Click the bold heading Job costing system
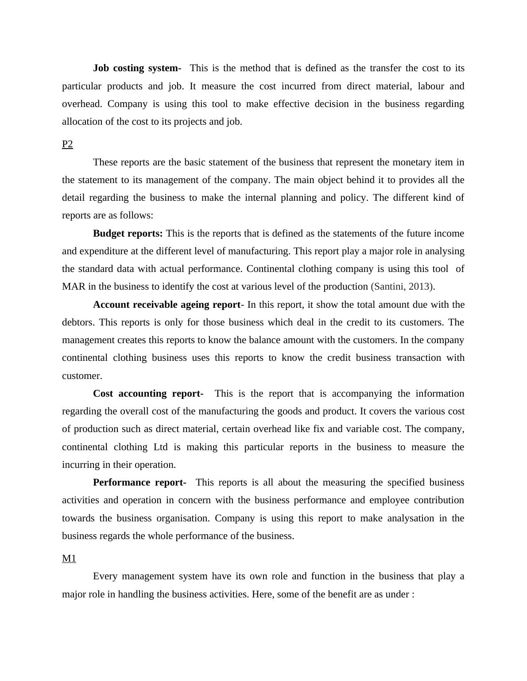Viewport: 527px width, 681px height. coord(137,68)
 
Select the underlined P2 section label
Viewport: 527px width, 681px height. coord(67,144)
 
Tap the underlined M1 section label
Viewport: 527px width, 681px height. coord(69,559)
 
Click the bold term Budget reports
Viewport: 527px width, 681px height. coord(128,233)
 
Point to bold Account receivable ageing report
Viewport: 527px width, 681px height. coord(167,305)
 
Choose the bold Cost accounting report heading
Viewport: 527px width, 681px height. coord(148,394)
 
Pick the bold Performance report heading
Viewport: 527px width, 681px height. coord(139,482)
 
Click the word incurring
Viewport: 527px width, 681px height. coord(81,465)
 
